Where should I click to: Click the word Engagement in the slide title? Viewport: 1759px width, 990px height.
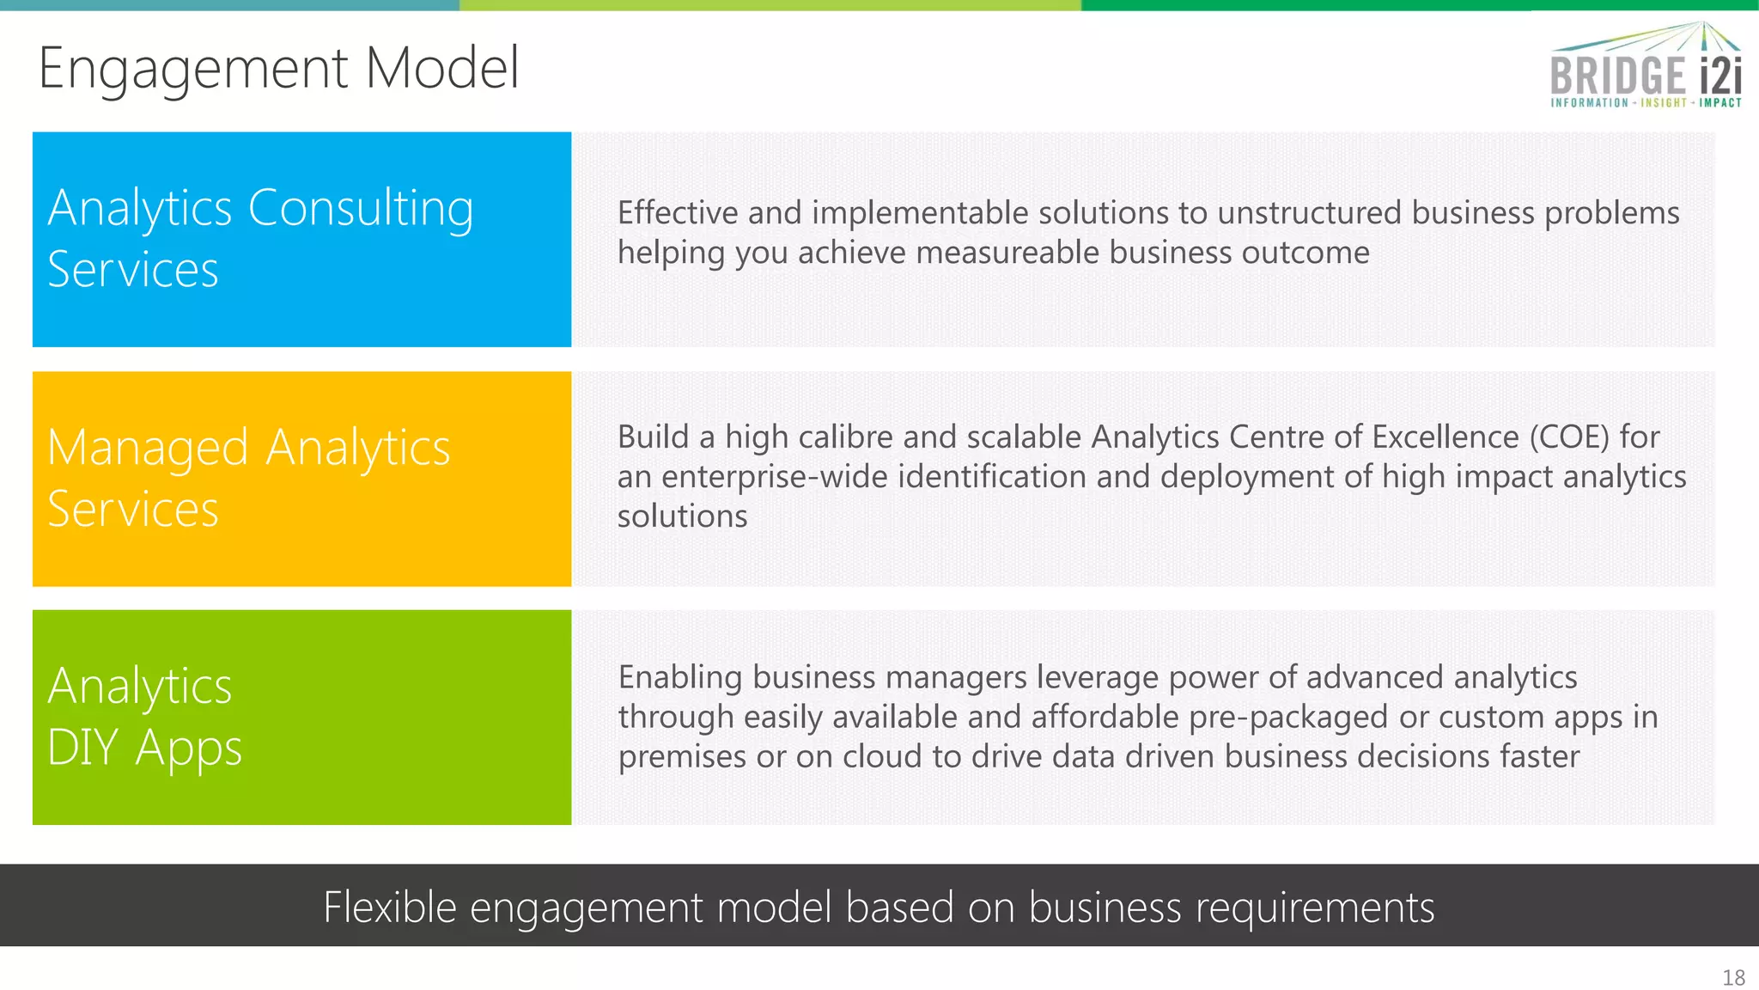193,69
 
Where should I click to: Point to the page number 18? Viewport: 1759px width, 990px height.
1733,978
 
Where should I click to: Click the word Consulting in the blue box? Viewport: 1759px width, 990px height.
361,209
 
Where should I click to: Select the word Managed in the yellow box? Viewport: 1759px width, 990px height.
148,449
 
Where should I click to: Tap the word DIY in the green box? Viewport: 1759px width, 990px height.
82,747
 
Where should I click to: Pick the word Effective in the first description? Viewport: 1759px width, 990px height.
678,213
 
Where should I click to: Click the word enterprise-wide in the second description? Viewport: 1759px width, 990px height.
774,477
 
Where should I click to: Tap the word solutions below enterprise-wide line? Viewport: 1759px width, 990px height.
682,516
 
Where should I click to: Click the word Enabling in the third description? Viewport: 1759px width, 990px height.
679,678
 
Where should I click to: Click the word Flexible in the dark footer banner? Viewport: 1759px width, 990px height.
389,907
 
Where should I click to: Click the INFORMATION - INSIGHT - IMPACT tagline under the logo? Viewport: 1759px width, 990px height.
1645,103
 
